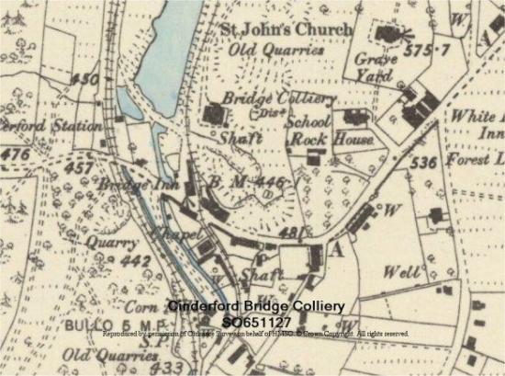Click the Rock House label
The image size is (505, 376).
point(331,140)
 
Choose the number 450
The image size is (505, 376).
point(86,79)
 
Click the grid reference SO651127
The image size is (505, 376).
point(256,321)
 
